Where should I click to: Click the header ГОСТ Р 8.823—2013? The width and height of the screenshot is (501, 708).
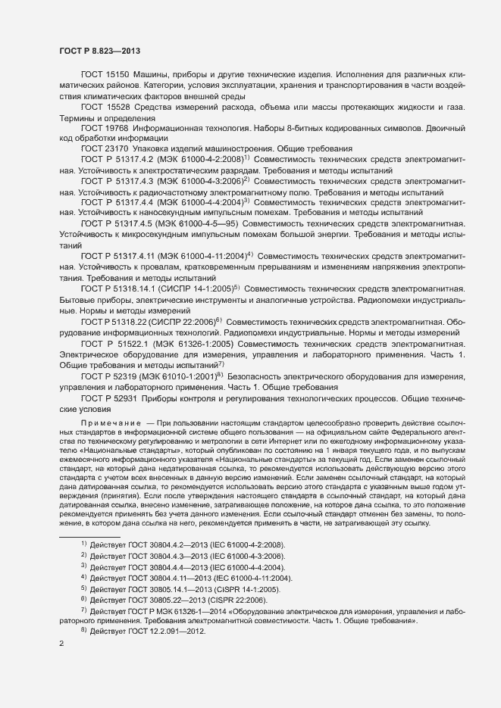(98, 51)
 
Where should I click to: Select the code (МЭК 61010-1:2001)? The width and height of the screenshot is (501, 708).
(174, 375)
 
